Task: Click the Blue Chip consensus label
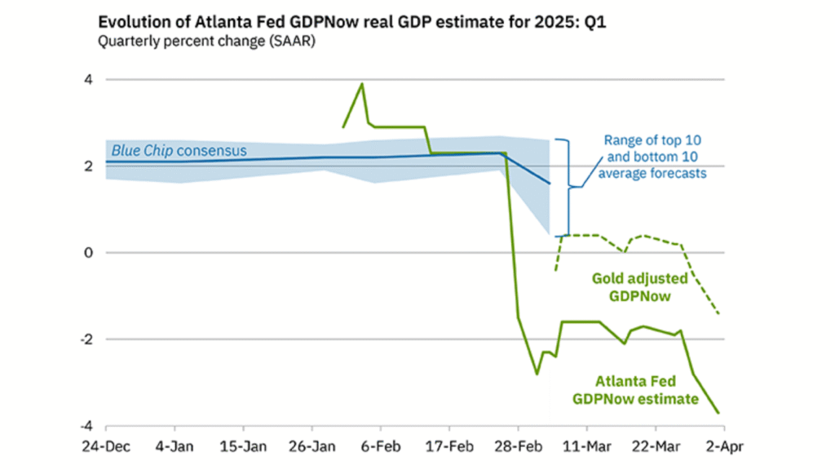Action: point(179,151)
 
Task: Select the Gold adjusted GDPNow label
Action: point(640,287)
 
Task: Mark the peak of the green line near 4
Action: point(362,83)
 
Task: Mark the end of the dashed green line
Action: point(719,314)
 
